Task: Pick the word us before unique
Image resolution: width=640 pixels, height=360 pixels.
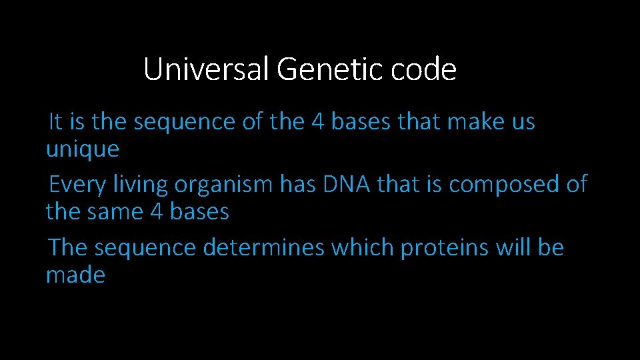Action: (x=523, y=123)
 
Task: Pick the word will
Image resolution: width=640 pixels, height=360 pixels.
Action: (x=513, y=248)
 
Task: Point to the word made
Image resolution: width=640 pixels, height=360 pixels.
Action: (x=75, y=275)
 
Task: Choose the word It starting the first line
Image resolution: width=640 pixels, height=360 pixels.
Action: (x=55, y=123)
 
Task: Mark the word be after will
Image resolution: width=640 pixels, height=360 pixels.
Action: (x=551, y=248)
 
